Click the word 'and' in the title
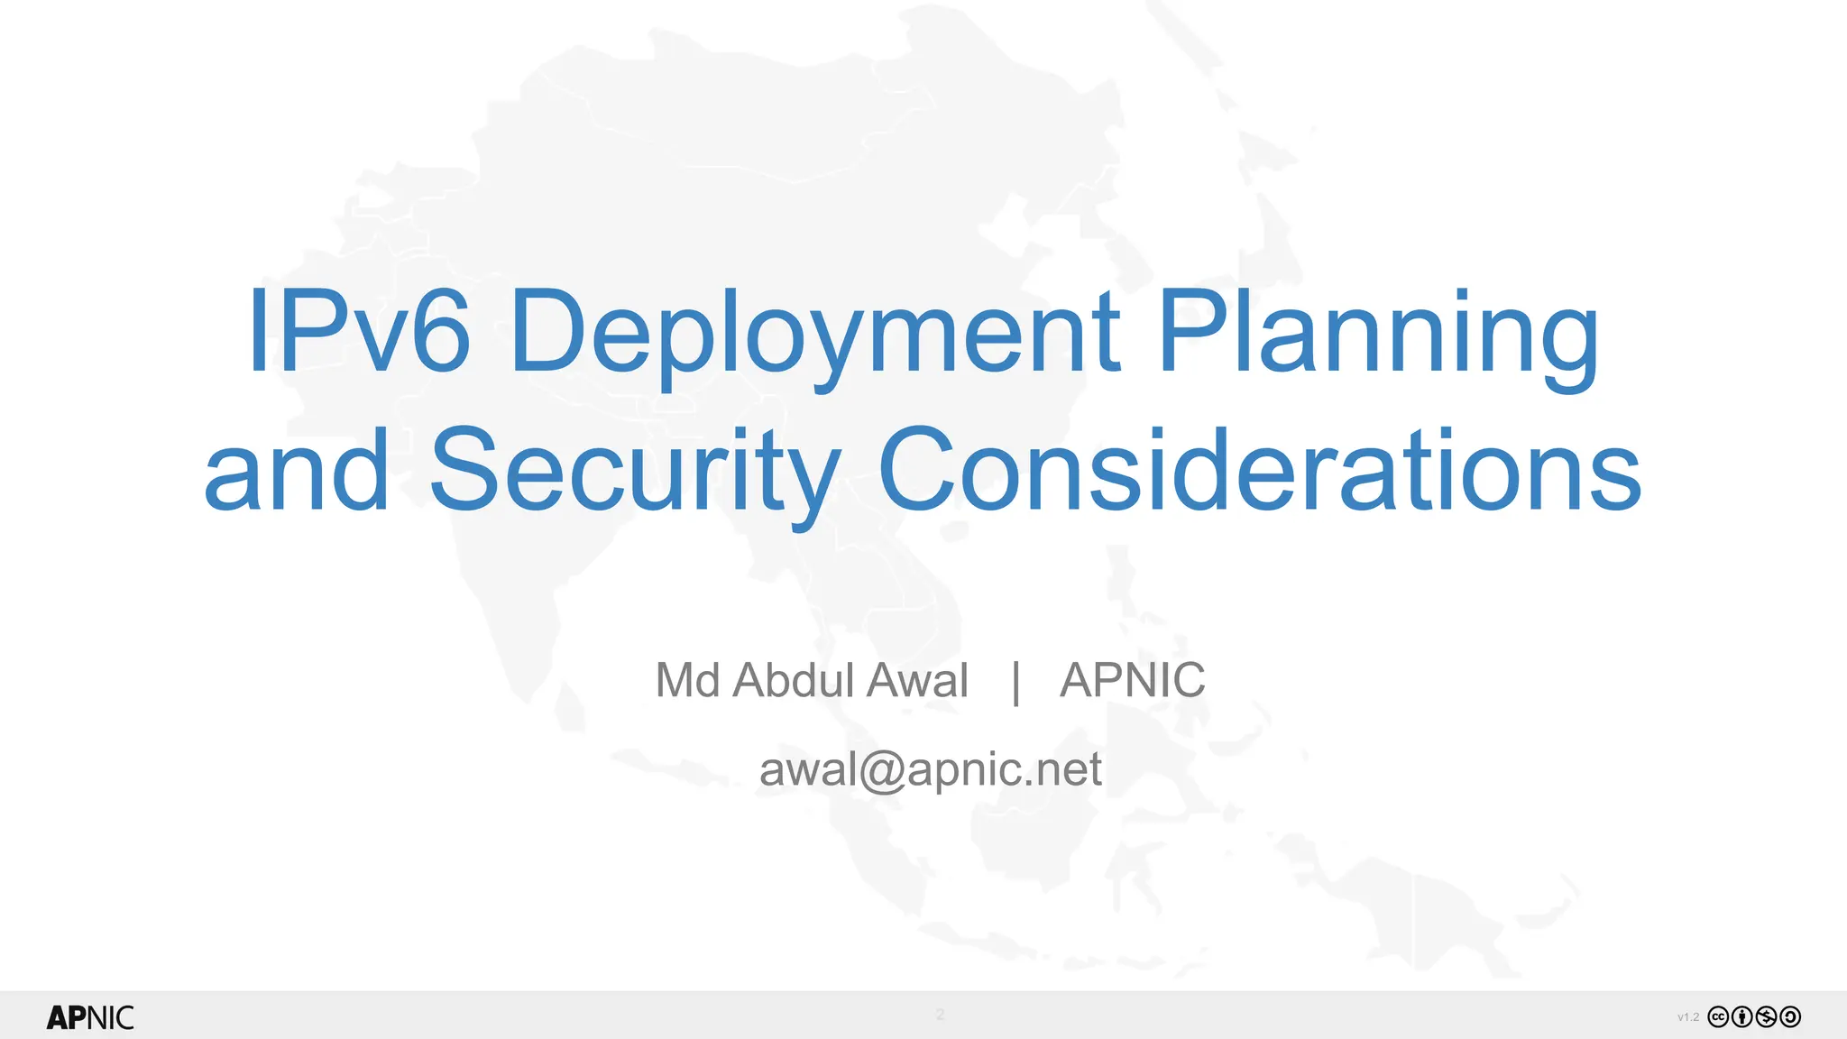click(x=297, y=471)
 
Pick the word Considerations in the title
click(x=1259, y=471)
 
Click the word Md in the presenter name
click(x=687, y=680)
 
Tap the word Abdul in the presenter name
click(x=794, y=680)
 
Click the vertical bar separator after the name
click(x=1016, y=682)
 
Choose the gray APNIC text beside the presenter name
click(x=1132, y=680)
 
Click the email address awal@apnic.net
click(x=930, y=770)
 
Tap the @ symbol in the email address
click(x=882, y=772)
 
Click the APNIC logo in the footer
click(x=90, y=1017)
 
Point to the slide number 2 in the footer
click(x=940, y=1015)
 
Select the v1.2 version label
click(x=1688, y=1017)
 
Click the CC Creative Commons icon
click(x=1719, y=1017)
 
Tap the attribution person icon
click(x=1742, y=1017)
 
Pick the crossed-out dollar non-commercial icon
click(x=1767, y=1017)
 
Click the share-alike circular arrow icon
click(x=1790, y=1017)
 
